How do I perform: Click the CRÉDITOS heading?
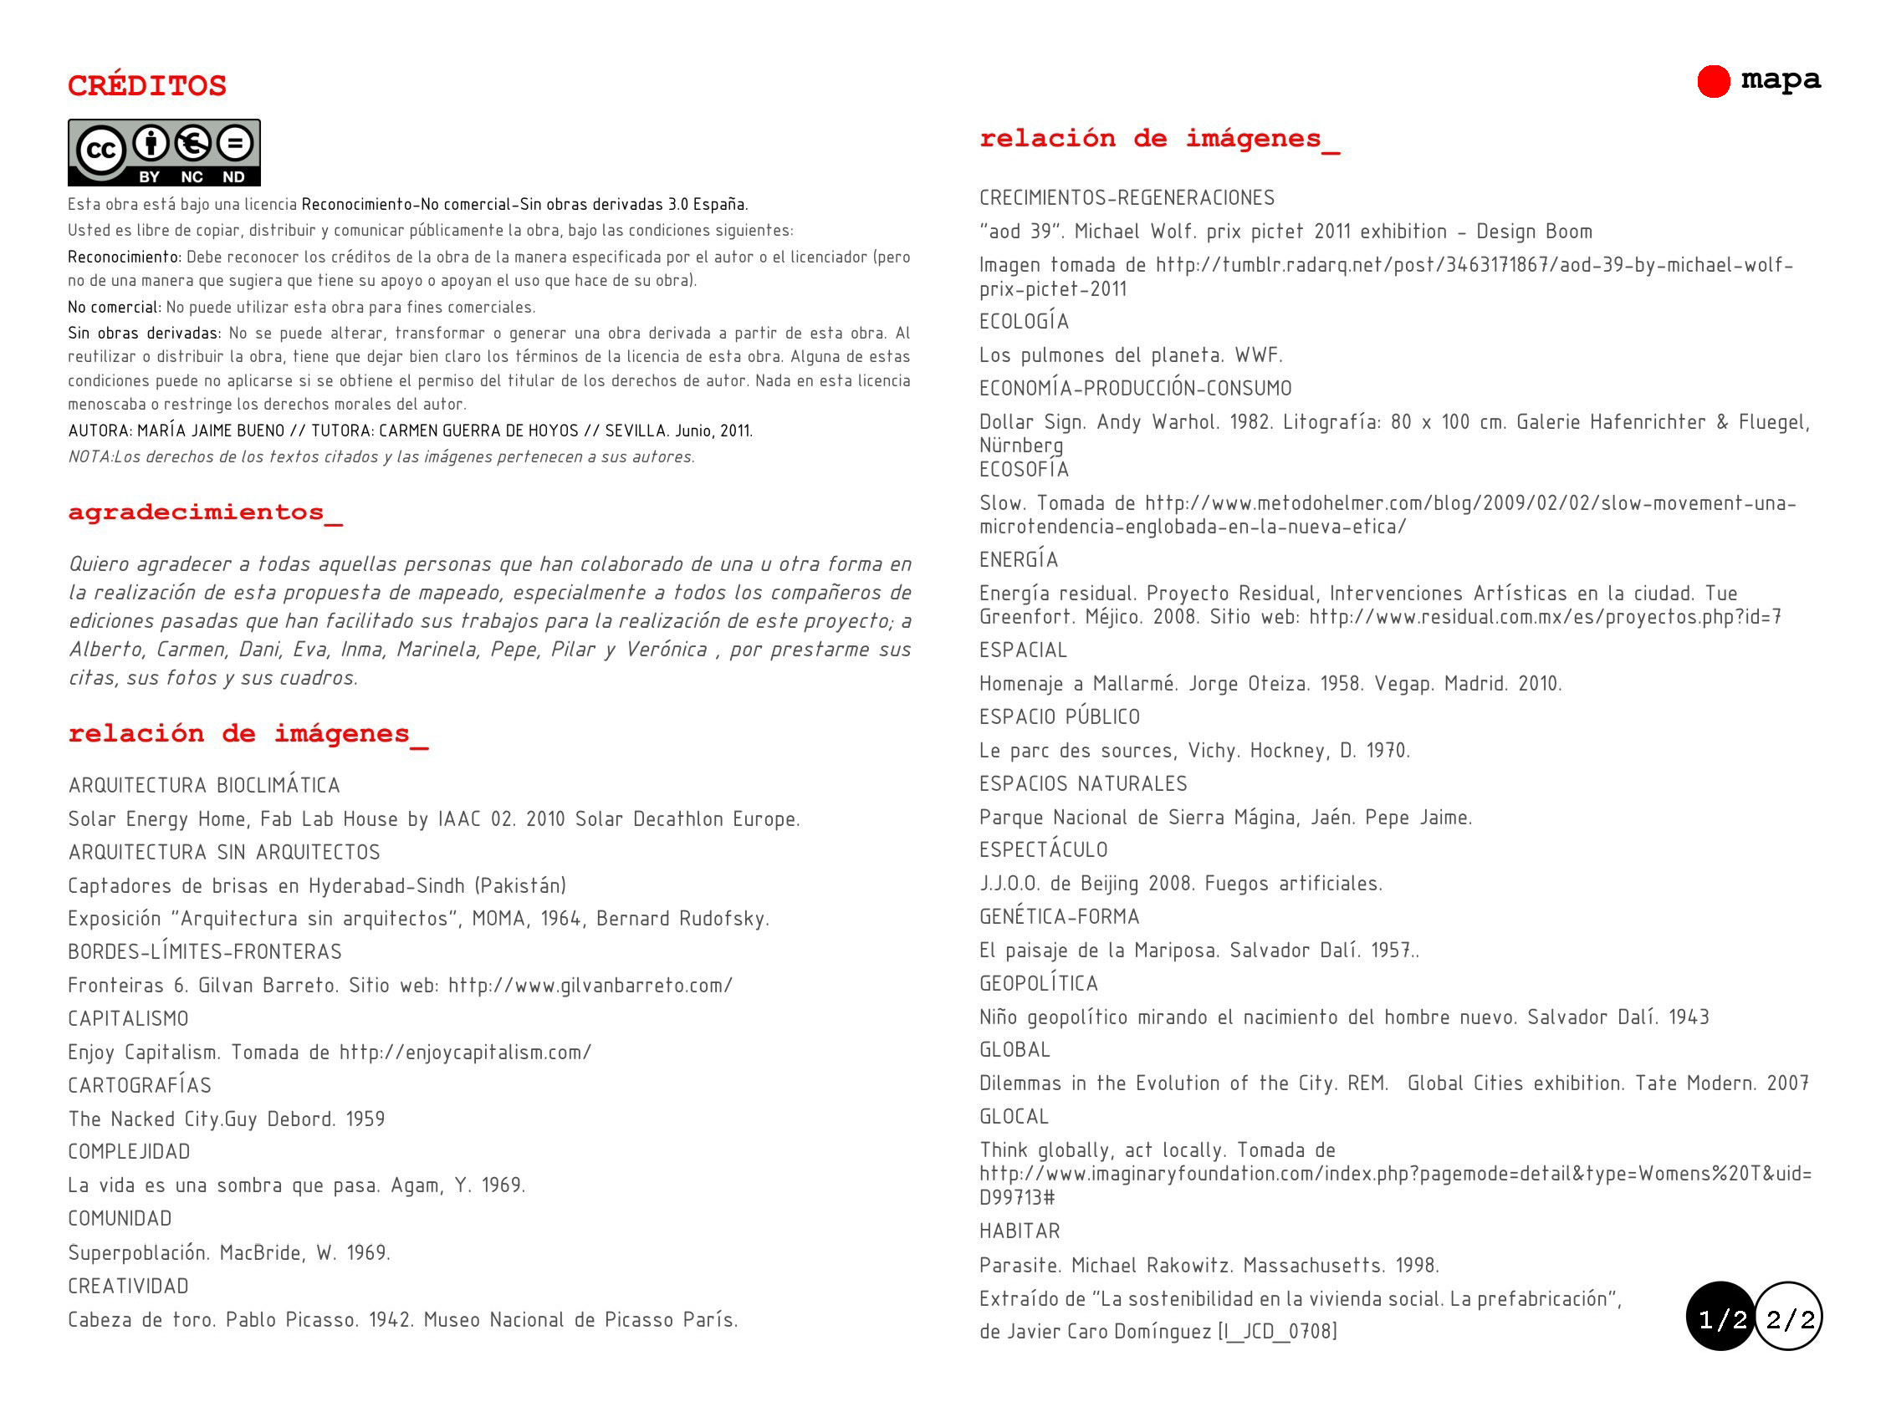tap(147, 85)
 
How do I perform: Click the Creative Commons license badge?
tap(164, 152)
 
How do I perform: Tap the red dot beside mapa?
tap(1713, 82)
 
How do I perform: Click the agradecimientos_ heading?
tap(205, 512)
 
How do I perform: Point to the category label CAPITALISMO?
tap(128, 1019)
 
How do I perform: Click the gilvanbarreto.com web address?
tap(590, 986)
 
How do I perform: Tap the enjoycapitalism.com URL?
tap(465, 1052)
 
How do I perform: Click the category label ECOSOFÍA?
tap(1025, 470)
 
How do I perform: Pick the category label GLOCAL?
tap(1014, 1117)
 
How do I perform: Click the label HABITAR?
tap(1019, 1231)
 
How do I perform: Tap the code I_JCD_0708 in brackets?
tap(1278, 1332)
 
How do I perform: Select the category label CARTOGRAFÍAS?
tap(140, 1085)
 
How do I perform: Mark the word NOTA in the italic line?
tap(89, 457)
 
